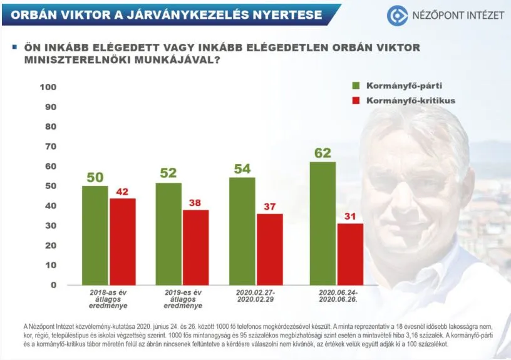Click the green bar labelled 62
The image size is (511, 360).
(323, 223)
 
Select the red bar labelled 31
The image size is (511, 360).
(349, 254)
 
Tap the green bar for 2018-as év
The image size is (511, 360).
(95, 235)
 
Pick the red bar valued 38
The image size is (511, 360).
(195, 247)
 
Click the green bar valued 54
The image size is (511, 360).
(242, 230)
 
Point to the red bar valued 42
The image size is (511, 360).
(122, 241)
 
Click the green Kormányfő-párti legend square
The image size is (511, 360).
(357, 86)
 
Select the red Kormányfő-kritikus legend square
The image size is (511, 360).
(357, 100)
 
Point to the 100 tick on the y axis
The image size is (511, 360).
(48, 86)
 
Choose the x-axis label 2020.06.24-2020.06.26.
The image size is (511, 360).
(335, 296)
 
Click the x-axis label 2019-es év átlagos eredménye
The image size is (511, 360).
(180, 299)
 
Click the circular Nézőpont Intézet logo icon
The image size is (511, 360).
(396, 15)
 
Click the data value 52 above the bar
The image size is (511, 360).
(168, 173)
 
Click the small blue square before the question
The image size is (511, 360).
(14, 46)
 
